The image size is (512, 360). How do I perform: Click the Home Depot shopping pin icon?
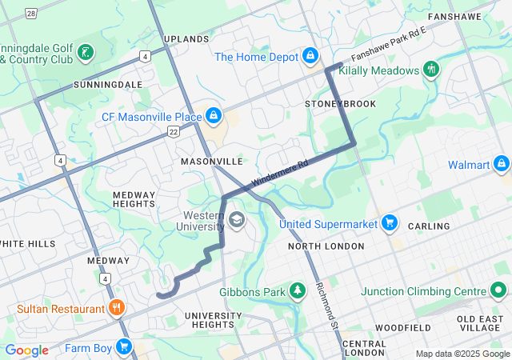point(310,56)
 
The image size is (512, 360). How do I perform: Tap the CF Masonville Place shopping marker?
point(213,117)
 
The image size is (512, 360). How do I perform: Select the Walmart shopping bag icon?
point(502,165)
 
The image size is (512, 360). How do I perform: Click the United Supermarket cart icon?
point(390,222)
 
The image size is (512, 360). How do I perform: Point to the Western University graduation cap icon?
point(237,220)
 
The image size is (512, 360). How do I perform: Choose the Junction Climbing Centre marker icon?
point(499,291)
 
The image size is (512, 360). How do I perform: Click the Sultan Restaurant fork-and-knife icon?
point(117,308)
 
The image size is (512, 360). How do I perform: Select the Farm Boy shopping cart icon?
point(123,346)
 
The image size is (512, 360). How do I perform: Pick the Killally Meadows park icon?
point(432,70)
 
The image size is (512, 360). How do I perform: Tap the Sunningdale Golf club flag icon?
point(86,53)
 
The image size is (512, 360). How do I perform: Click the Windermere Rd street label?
point(279,174)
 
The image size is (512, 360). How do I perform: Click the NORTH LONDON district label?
point(320,246)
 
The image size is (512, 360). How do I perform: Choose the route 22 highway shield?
point(173,131)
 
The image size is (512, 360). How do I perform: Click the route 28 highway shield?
point(30,14)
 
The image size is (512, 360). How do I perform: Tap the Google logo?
point(26,350)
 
